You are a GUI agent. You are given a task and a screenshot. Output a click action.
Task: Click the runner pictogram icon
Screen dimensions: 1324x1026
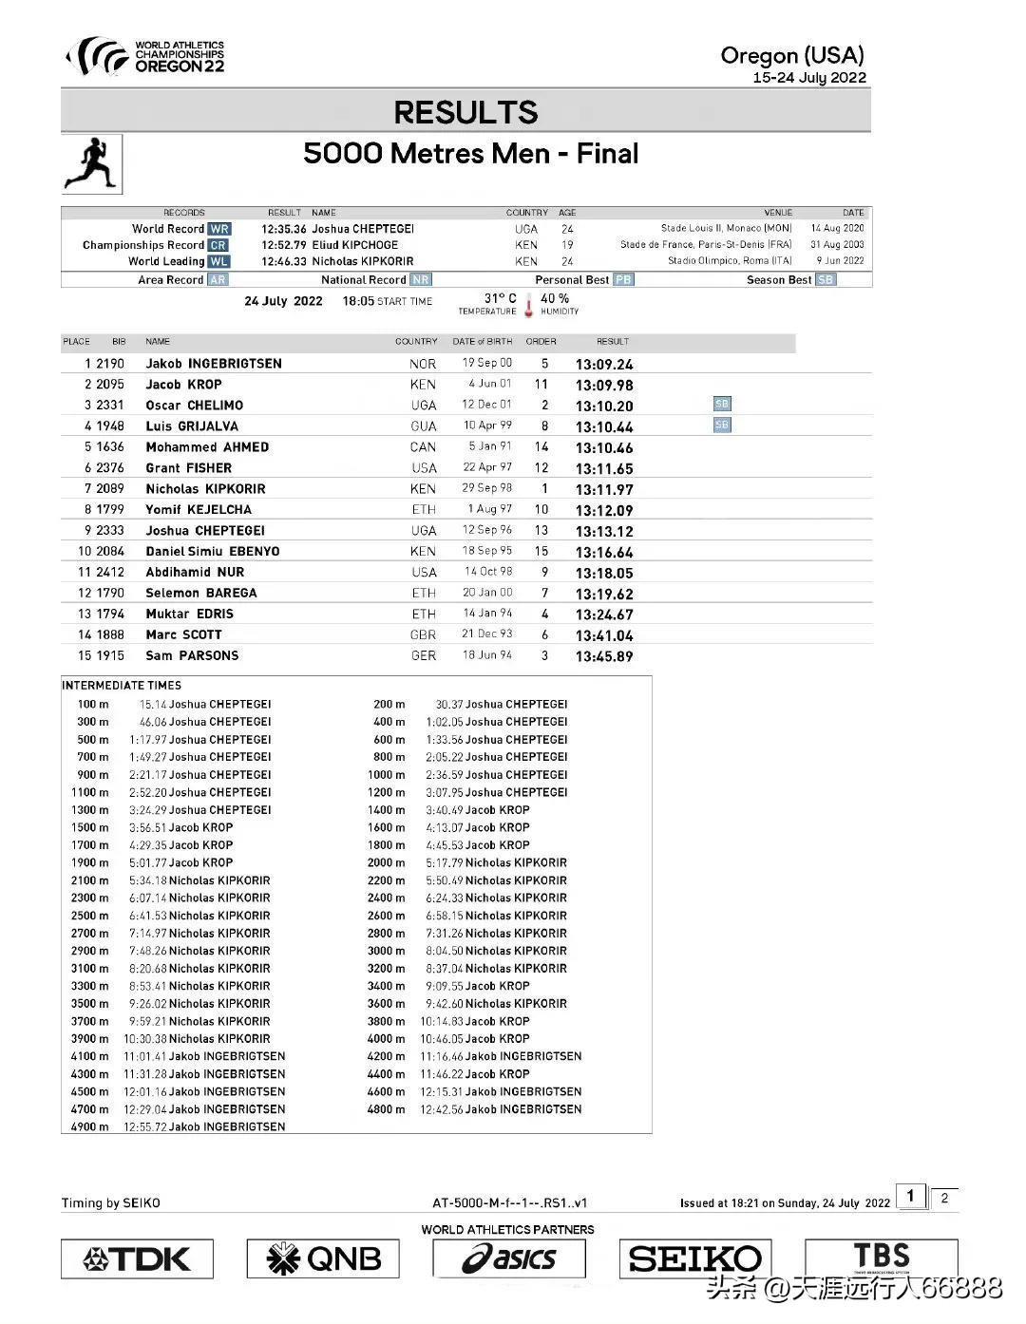[x=91, y=163]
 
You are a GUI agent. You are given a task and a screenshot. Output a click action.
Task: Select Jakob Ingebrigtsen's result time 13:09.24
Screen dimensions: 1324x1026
[x=604, y=365]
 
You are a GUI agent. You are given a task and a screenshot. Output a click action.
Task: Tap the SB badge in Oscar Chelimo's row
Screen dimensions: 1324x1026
[x=722, y=405]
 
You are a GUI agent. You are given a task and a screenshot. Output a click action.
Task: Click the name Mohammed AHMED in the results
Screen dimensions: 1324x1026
[x=207, y=447]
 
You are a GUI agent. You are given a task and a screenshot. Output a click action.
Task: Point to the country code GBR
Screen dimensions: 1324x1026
[x=424, y=635]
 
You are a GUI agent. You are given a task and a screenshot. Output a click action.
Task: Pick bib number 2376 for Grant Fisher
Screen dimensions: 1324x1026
[x=110, y=468]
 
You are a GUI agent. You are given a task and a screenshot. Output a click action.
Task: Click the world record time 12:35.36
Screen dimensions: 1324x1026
[x=284, y=229]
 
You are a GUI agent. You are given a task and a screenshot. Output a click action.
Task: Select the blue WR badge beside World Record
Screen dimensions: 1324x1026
[x=219, y=229]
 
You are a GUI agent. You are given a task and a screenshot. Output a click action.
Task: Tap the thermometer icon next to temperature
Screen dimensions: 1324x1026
[x=529, y=306]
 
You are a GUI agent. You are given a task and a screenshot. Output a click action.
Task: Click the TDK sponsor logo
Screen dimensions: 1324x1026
[x=137, y=1259]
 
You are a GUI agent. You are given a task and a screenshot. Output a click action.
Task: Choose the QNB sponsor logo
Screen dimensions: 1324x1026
[x=323, y=1259]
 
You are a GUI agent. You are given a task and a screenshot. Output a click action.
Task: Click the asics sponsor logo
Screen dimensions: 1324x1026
[x=509, y=1259]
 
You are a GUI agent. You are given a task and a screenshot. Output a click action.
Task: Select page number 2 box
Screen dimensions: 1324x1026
[x=944, y=1199]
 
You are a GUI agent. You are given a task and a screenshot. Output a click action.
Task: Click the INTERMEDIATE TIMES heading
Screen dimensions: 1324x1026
[x=122, y=685]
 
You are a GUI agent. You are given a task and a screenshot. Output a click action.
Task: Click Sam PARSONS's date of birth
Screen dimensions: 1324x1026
[x=487, y=655]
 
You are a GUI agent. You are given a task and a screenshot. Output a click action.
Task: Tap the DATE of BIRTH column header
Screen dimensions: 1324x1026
[x=482, y=341]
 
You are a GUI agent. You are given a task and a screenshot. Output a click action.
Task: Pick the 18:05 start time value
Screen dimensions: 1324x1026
[x=358, y=301]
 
